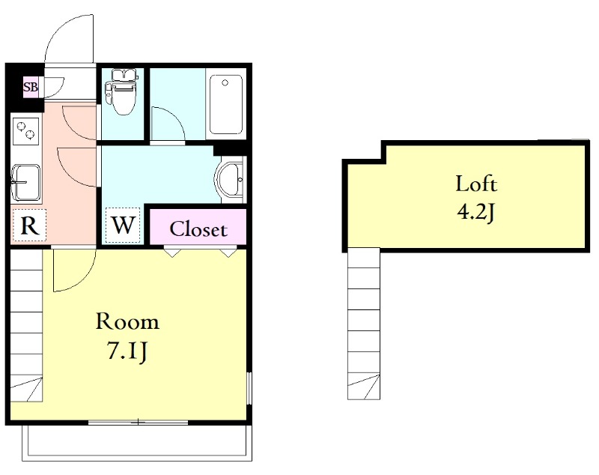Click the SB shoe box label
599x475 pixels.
(31, 87)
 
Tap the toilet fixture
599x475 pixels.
(122, 91)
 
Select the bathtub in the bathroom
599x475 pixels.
(226, 104)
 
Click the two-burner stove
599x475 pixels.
(26, 130)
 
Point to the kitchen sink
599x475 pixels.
(26, 183)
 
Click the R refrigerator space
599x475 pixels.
(29, 225)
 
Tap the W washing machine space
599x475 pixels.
(123, 225)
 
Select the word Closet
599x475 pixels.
(198, 229)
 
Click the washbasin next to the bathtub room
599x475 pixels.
(230, 179)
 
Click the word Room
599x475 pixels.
(127, 321)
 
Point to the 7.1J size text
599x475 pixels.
(127, 351)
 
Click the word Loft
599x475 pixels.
(476, 184)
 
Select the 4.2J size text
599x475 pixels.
(476, 211)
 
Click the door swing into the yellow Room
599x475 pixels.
(83, 280)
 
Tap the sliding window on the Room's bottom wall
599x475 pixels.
(138, 423)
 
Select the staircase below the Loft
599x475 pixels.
(364, 324)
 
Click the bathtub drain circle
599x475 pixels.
(225, 83)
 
